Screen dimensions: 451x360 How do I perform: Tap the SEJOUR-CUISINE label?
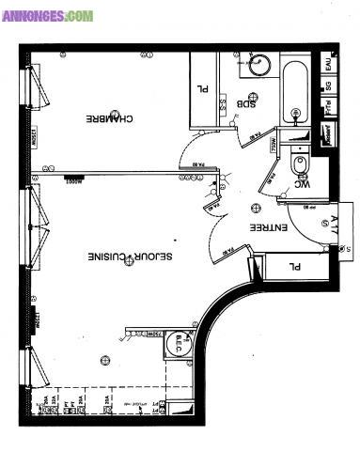[121, 257]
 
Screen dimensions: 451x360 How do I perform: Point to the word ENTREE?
[268, 228]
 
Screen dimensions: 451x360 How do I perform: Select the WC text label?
[303, 184]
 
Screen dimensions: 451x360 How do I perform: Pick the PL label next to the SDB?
[202, 90]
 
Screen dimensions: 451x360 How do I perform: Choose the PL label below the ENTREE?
[294, 267]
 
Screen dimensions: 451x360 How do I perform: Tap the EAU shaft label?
[327, 66]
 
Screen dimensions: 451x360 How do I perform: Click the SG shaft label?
[327, 87]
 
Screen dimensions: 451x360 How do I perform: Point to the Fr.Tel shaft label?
[327, 108]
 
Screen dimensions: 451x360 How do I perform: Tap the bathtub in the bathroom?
[294, 93]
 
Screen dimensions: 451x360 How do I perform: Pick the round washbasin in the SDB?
[259, 66]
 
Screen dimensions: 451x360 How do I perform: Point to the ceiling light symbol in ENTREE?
[255, 209]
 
